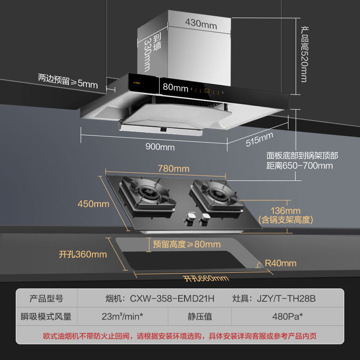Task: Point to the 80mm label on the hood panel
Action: point(175,88)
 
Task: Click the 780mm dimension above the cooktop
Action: point(173,169)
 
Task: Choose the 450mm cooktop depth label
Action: point(93,204)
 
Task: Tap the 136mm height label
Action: point(285,211)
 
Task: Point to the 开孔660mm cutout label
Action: point(206,278)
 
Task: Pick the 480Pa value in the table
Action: point(287,316)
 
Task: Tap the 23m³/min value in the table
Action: point(122,316)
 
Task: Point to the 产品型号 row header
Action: point(46,298)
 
